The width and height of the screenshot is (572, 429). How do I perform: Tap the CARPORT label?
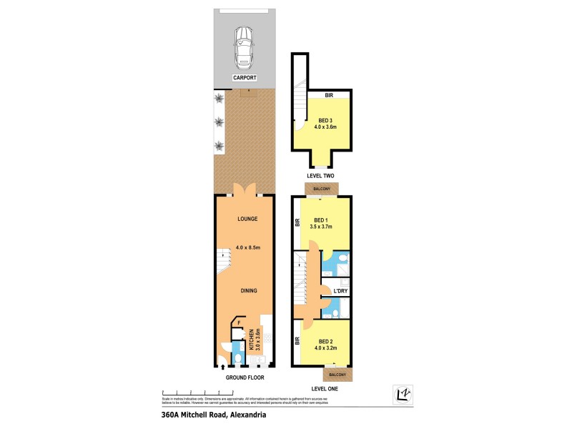pos(245,78)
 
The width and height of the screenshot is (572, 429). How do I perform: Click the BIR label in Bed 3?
pos(329,95)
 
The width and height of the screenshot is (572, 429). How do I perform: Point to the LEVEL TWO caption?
pos(320,175)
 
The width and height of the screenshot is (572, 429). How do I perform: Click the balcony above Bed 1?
pos(321,188)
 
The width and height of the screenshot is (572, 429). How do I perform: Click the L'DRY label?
pos(340,291)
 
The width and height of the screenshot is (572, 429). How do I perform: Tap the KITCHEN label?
pos(251,337)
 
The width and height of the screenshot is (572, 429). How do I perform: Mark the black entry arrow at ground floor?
pos(221,368)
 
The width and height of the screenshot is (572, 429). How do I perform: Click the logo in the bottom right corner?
pos(405,393)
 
